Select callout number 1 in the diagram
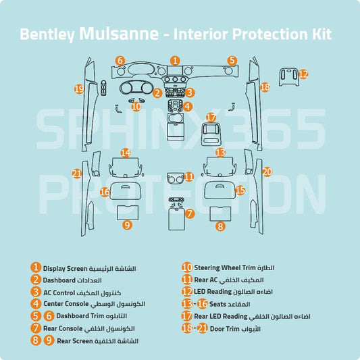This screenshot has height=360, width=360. tap(175, 61)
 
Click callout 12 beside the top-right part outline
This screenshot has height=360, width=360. tap(303, 74)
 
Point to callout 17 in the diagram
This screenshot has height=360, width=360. tap(211, 118)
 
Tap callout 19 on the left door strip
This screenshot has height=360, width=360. tap(79, 88)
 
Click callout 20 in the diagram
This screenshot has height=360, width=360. tap(266, 172)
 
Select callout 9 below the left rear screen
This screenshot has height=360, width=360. tap(127, 225)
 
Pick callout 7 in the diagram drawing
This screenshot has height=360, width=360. tap(190, 213)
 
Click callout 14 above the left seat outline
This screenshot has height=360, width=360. tap(126, 153)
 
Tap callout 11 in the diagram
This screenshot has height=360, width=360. tap(188, 177)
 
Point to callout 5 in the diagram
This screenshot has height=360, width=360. tap(232, 61)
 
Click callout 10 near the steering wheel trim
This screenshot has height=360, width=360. tap(136, 106)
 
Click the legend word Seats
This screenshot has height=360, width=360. tap(224, 304)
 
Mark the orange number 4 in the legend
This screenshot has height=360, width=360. tap(35, 304)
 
